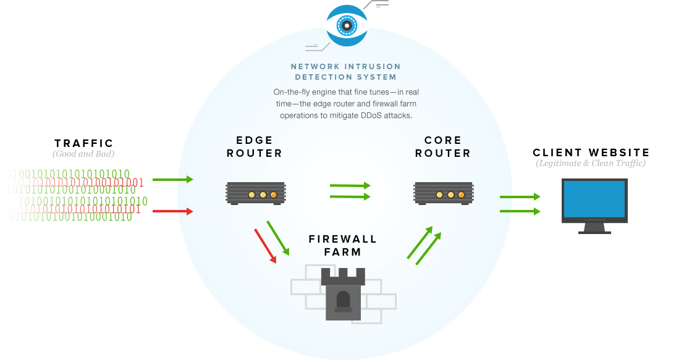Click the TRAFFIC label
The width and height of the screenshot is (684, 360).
[x=83, y=143]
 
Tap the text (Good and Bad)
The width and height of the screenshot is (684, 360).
[x=83, y=153]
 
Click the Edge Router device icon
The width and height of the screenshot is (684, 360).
[x=255, y=193]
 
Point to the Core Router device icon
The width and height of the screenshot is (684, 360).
[x=443, y=193]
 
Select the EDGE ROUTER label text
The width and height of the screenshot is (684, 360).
[x=255, y=146]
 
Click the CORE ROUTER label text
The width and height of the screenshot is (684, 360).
[x=442, y=146]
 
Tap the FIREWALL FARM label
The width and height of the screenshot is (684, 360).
[x=343, y=245]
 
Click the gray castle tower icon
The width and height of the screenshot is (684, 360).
[x=344, y=293]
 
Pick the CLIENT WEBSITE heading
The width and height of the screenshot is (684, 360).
[x=591, y=153]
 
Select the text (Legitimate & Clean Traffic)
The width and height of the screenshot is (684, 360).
[x=591, y=163]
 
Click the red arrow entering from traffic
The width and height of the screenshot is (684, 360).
[x=173, y=211]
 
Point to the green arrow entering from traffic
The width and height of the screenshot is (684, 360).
[x=173, y=180]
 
